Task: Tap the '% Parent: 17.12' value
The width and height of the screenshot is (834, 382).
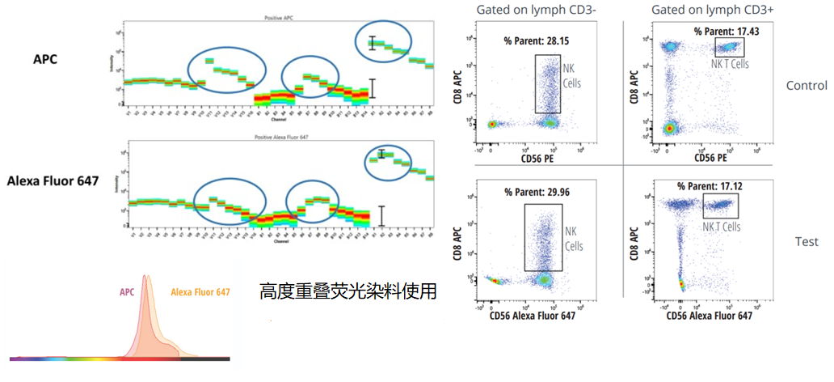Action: point(709,185)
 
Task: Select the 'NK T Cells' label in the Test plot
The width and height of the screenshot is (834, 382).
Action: point(722,227)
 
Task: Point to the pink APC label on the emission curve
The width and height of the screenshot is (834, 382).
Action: point(128,293)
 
